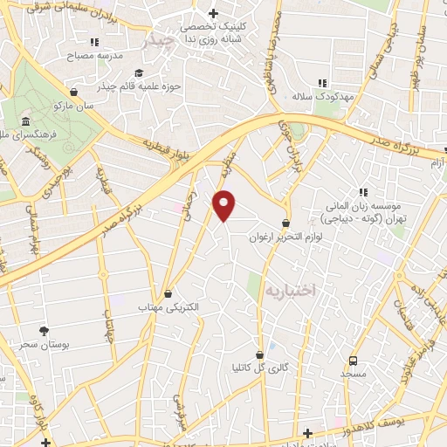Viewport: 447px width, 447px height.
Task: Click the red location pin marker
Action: pos(224,204)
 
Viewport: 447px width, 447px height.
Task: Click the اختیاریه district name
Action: pos(289,287)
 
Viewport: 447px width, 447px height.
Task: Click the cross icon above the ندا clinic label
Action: pos(213,14)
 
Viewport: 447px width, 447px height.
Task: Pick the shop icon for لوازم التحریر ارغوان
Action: pos(286,223)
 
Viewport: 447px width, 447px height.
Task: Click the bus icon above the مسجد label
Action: pos(354,361)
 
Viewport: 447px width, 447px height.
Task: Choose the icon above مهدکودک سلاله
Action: pos(322,83)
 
